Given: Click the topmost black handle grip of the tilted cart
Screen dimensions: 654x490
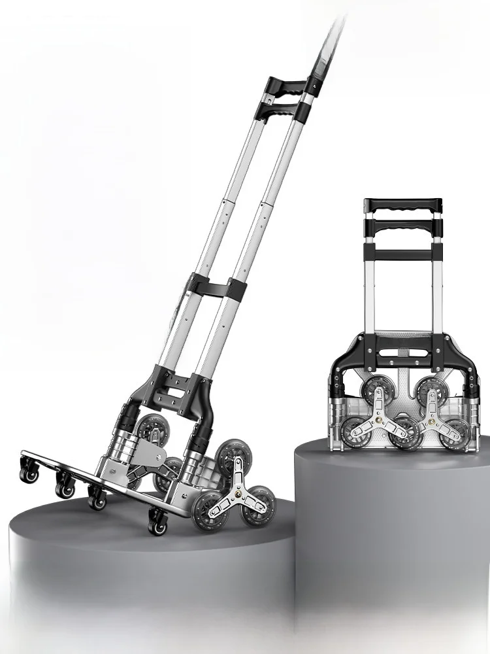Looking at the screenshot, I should click(286, 86).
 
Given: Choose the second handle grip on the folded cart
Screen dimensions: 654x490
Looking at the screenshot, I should click(402, 227).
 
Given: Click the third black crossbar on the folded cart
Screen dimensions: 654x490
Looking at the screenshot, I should click(402, 254).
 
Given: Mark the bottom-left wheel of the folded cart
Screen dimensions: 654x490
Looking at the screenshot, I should click(351, 434).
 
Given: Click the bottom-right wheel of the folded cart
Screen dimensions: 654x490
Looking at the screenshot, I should click(455, 434).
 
